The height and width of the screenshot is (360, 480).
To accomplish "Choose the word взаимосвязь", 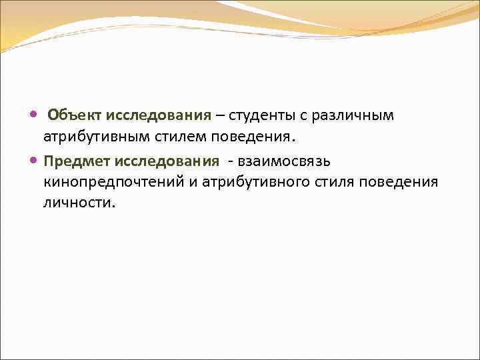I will pos(284,161).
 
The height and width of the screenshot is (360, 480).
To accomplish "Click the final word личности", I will pos(79,203).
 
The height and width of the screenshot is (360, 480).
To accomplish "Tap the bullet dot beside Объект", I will pos(34,116).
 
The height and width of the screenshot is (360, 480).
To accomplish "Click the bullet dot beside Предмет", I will pos(34,161).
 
